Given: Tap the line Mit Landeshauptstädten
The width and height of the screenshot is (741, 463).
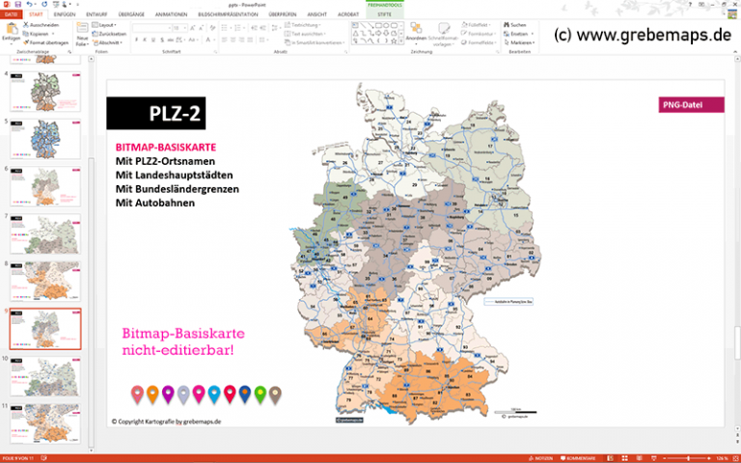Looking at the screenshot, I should coord(174,175).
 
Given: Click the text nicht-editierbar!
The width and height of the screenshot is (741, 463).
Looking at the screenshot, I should coord(178,349).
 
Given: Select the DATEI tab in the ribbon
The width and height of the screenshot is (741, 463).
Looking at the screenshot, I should coord(12,15).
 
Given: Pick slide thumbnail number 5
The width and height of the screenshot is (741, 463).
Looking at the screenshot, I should coord(44,138).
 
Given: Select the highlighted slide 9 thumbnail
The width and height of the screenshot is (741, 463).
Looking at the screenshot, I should coord(44,329).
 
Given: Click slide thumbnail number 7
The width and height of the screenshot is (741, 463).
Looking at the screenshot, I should coord(44,233).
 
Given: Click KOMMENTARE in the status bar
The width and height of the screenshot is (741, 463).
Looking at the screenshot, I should coord(582,457).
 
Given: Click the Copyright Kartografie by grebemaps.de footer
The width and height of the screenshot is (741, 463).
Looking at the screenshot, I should coord(165,422).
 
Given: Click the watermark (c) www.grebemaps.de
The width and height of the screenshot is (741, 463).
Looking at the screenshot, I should coord(643,36).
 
